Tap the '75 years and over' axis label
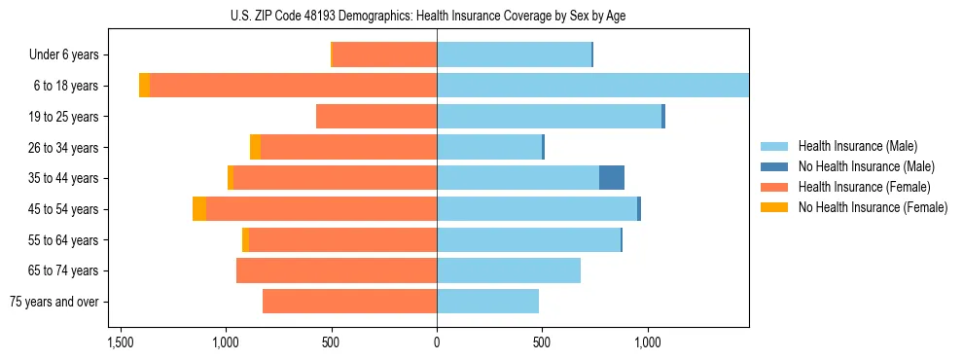coord(54,302)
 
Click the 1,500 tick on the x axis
coord(120,342)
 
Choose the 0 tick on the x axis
coord(437,342)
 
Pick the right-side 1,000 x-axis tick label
coord(648,342)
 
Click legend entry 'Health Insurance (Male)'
coord(857,146)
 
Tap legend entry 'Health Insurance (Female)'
coord(864,187)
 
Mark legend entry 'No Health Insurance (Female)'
coord(873,207)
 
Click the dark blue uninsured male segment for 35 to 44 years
coord(612,178)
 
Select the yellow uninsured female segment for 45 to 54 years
coord(199,209)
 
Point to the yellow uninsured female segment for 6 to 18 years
coord(144,86)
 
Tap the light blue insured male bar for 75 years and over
coord(487,302)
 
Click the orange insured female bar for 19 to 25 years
coord(376,117)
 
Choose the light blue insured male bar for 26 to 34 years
coord(488,147)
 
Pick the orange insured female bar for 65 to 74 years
coord(337,270)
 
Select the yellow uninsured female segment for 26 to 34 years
coord(255,147)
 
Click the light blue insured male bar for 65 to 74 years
coord(509,270)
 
